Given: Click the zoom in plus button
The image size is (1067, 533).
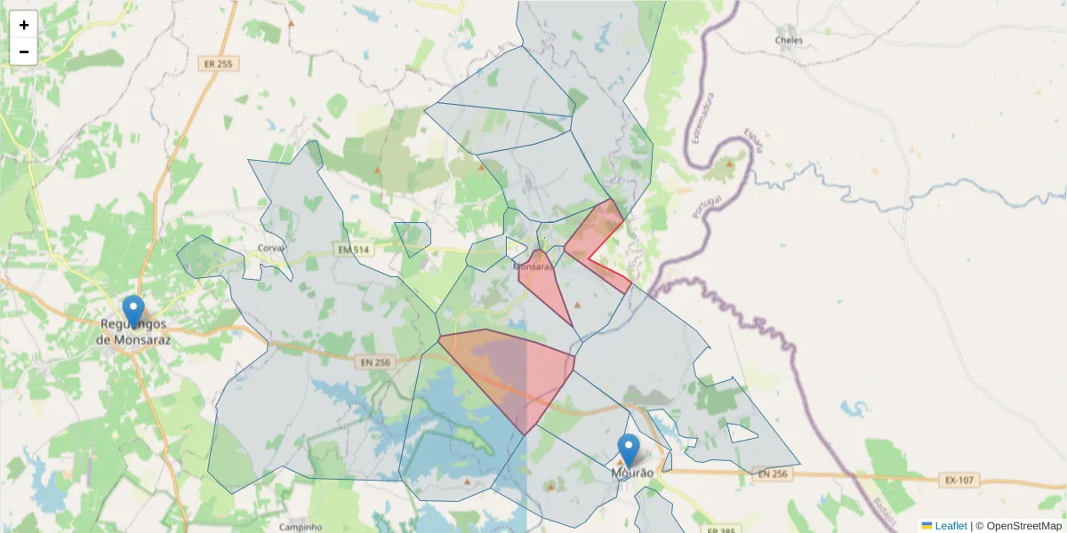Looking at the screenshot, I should [x=24, y=25].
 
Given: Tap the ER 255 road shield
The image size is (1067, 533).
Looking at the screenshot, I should [x=217, y=64].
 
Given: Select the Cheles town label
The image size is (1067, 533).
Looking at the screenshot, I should [x=789, y=40].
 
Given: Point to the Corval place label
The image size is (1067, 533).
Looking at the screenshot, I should [x=269, y=248].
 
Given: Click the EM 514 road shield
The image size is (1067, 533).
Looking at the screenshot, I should [x=353, y=251].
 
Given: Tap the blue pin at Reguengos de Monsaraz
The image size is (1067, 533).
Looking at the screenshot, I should [x=133, y=312].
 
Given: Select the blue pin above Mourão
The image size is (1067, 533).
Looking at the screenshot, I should [x=629, y=449].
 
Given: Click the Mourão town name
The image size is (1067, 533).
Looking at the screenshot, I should [x=632, y=473].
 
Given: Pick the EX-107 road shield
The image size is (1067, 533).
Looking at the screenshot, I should [x=959, y=481].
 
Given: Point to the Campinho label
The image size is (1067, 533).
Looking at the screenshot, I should [x=301, y=527].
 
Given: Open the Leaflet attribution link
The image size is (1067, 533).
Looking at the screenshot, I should [x=951, y=526].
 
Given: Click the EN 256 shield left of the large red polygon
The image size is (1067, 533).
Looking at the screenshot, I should [x=377, y=362].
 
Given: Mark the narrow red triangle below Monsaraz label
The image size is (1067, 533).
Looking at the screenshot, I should [x=545, y=284].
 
